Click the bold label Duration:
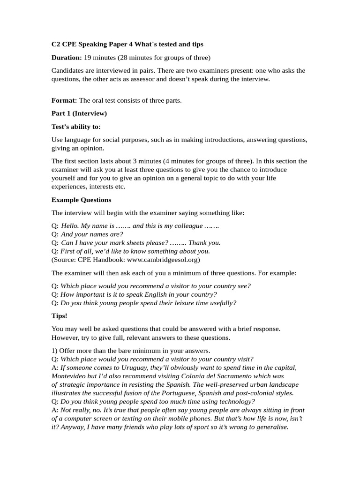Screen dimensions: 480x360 coord(67,58)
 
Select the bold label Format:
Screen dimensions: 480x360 coord(64,100)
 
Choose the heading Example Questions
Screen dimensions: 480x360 coord(81,200)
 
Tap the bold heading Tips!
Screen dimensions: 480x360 coord(60,316)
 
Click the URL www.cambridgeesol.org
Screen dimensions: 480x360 coord(163,259)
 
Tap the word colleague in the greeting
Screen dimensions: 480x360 coord(183,226)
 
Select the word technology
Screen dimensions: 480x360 coord(234,401)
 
